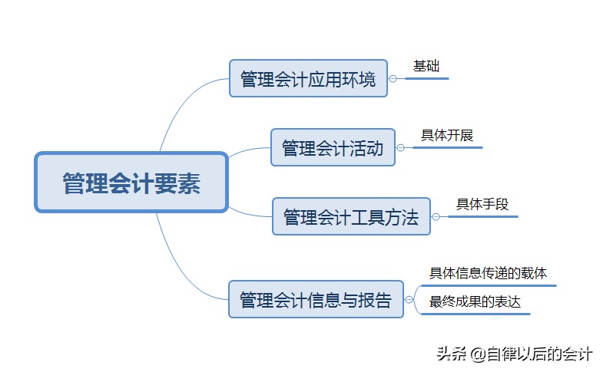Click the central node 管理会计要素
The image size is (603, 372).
pos(131,182)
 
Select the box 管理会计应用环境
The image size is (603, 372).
pos(308,78)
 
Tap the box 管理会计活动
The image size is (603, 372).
pos(333,147)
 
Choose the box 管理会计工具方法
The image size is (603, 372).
pos(351,216)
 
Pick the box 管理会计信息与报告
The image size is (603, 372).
pos(316,299)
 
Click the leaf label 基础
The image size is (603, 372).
pos(426,66)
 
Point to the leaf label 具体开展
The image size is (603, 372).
pos(447,136)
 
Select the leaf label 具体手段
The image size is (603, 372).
pos(482,204)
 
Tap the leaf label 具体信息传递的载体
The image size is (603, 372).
pos(488,273)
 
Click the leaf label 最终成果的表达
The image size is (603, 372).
pos(475,302)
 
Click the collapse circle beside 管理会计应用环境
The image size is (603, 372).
pos(393,78)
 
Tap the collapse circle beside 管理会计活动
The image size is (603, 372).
pos(400,147)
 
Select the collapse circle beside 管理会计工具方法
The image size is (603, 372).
pos(436,216)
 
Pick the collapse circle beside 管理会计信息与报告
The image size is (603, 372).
pos(408,299)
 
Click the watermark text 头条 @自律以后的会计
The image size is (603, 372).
pos(514,354)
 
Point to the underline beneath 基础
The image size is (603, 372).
pos(426,78)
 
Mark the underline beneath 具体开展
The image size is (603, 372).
pos(447,147)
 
